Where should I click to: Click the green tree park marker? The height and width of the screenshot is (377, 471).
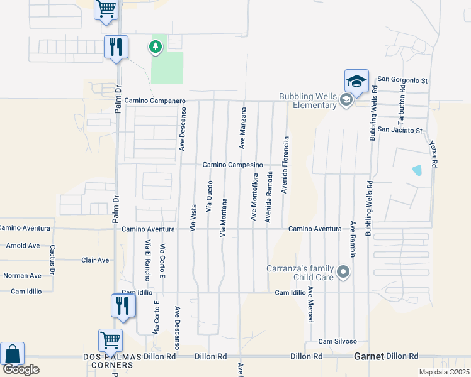[x=155, y=46]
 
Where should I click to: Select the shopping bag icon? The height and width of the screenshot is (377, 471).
[x=12, y=354]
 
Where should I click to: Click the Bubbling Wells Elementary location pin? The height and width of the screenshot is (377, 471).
[x=345, y=100]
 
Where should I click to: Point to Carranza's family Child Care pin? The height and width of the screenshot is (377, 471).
[x=343, y=272]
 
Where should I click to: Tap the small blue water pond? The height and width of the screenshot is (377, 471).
[x=417, y=170]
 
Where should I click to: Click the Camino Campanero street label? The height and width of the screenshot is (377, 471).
[x=154, y=101]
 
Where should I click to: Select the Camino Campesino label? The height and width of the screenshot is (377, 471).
[x=232, y=165]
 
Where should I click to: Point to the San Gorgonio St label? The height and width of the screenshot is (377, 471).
[x=402, y=80]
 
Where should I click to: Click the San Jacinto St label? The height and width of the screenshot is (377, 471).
[x=400, y=130]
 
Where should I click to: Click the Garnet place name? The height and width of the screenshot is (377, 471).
[x=368, y=356]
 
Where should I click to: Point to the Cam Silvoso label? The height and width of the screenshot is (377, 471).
[x=338, y=341]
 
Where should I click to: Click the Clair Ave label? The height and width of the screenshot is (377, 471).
[x=95, y=260]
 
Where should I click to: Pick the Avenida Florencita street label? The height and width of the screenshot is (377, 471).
[x=286, y=165]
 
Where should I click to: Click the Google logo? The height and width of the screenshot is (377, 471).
[x=21, y=369]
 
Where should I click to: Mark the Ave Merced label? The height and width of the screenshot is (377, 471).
[x=310, y=305]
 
